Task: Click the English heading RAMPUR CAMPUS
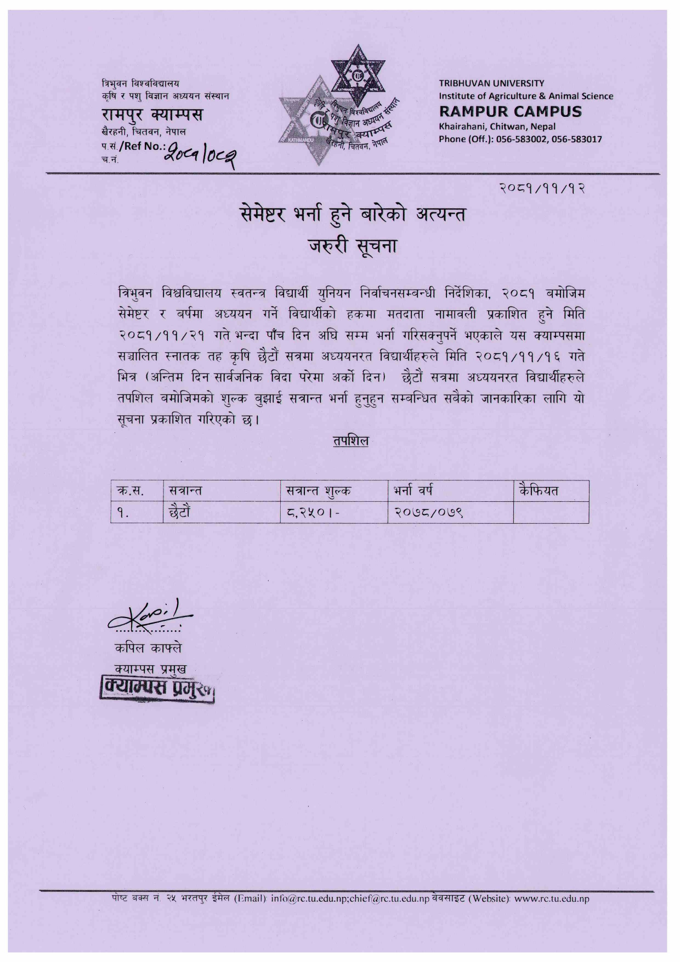click(x=510, y=111)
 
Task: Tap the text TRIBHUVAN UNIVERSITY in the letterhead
click(x=491, y=83)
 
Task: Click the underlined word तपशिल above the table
click(x=350, y=440)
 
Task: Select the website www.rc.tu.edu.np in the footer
click(x=552, y=899)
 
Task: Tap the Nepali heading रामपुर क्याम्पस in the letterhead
click(x=152, y=115)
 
